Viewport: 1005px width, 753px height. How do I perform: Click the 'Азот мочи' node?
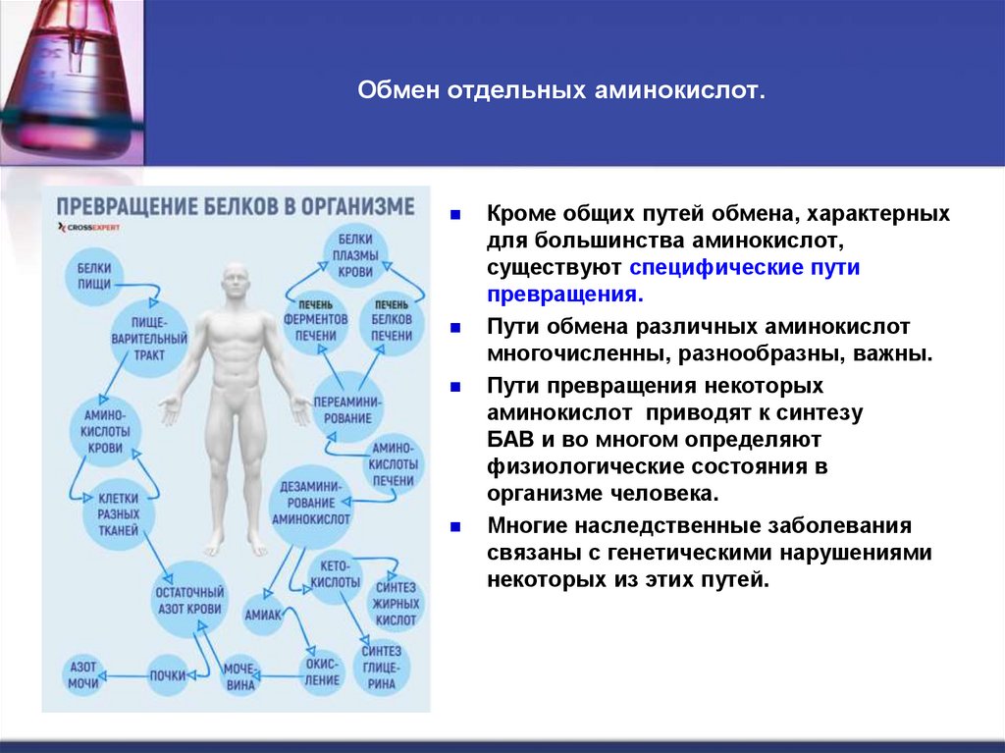82,674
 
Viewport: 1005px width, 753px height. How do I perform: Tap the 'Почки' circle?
168,675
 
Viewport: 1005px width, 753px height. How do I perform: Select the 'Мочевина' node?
238,675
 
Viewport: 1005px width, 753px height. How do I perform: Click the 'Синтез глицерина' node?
381,668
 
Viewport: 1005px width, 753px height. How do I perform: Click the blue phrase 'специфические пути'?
745,268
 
